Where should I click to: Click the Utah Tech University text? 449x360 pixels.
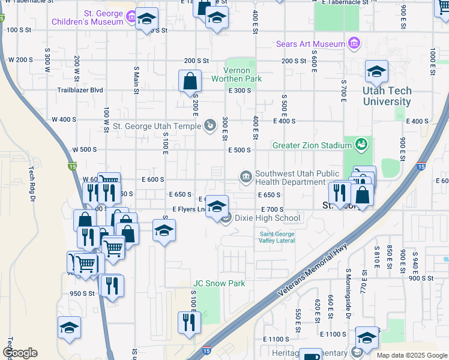coord(387,96)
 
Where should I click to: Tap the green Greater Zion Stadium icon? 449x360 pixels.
coord(360,145)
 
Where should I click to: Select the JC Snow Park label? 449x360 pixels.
coord(218,283)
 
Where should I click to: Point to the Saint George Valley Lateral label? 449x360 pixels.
coord(277,237)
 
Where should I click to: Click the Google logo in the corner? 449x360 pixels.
coord(20,353)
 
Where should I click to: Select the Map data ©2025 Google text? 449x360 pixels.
coord(412,355)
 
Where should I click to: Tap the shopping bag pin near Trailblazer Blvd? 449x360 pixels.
coord(190,80)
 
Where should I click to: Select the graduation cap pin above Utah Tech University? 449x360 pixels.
coord(376,71)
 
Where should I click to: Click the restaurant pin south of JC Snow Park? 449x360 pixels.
coord(190,322)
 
